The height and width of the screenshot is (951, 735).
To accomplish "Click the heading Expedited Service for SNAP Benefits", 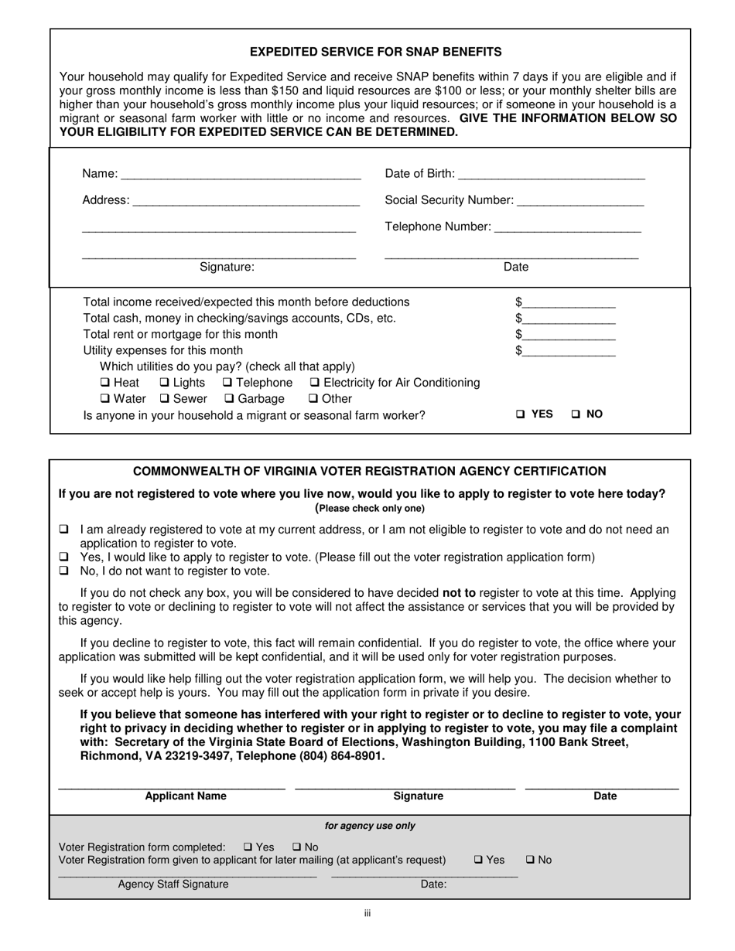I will pyautogui.click(x=375, y=52).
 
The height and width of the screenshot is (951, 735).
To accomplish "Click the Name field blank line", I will pyautogui.click(x=241, y=175).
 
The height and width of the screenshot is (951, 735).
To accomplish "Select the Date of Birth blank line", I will pyautogui.click(x=552, y=175).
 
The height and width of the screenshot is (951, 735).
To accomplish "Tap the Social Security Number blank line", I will pyautogui.click(x=579, y=202).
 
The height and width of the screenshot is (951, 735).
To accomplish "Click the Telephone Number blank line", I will pyautogui.click(x=567, y=228).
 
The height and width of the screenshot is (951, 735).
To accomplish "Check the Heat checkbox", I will pyautogui.click(x=105, y=383).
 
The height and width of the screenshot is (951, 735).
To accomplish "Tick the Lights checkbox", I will pyautogui.click(x=165, y=383).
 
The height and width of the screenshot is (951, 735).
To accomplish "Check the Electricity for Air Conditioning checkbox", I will pyautogui.click(x=315, y=383).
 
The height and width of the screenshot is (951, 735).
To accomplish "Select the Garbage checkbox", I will pyautogui.click(x=229, y=399).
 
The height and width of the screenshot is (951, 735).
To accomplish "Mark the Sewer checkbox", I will pyautogui.click(x=165, y=399).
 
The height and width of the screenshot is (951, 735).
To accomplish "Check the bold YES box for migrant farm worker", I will pyautogui.click(x=521, y=414).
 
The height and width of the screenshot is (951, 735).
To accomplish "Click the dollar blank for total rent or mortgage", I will pyautogui.click(x=569, y=336).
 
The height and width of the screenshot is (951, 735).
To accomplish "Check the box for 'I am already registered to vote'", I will pyautogui.click(x=64, y=530).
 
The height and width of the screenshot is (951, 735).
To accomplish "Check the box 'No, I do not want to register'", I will pyautogui.click(x=64, y=571).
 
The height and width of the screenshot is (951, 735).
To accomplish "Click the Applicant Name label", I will pyautogui.click(x=186, y=796).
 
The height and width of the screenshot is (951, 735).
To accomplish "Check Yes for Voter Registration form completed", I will pyautogui.click(x=248, y=847).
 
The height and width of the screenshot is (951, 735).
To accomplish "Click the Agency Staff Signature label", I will pyautogui.click(x=173, y=885).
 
